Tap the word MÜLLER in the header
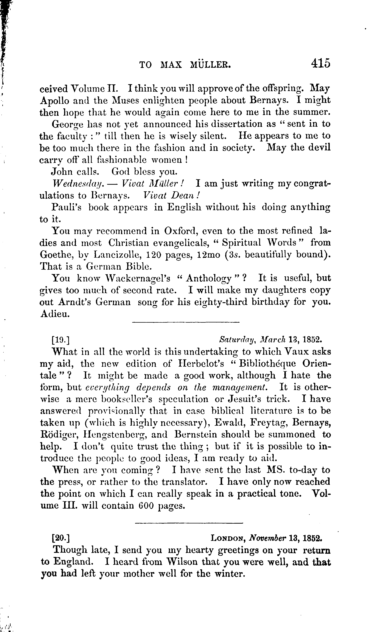(210, 65)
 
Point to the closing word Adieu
(55, 314)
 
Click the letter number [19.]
(61, 340)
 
